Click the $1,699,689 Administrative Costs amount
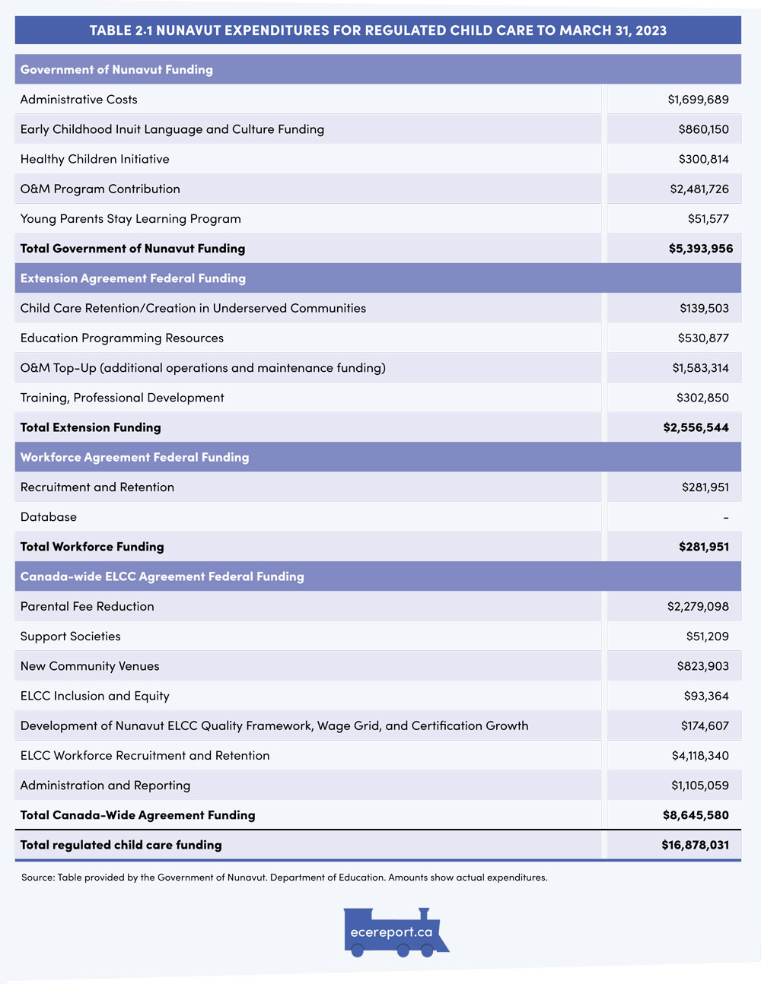coord(698,100)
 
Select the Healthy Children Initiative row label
coord(94,159)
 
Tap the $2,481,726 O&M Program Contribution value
coord(699,189)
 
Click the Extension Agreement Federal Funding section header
coord(133,278)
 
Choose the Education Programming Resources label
coord(122,338)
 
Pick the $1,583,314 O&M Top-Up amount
coord(700,368)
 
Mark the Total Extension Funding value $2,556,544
coord(696,427)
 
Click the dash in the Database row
coord(726,517)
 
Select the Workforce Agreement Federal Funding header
coord(135,457)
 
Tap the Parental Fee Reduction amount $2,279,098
coord(698,606)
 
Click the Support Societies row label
coord(70,636)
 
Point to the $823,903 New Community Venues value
coord(702,666)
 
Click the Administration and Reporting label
coord(105,786)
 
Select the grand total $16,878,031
coord(695,845)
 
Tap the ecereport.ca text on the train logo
coord(391,932)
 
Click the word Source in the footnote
coord(37,878)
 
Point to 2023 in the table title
coord(651,30)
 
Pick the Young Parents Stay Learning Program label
coord(130,219)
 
